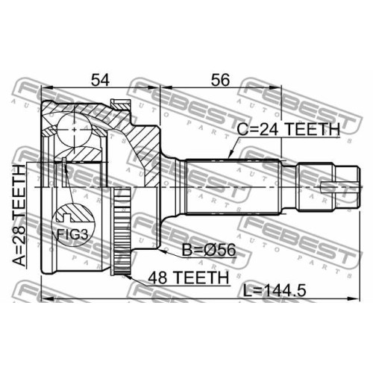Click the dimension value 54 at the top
[100, 80]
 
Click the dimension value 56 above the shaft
[220, 80]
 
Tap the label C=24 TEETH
[288, 129]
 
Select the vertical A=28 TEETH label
[19, 216]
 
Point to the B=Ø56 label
[209, 250]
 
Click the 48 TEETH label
[188, 278]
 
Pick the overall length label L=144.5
[275, 290]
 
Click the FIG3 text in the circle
[72, 234]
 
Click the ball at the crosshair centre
[74, 129]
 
